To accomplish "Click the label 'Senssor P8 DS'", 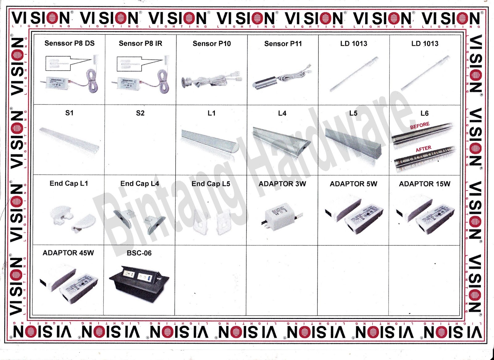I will tap(69, 43).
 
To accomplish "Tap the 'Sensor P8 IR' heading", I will tap(140, 44).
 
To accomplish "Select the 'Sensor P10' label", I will tap(212, 44).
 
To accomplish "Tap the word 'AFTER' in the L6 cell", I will tap(423, 149).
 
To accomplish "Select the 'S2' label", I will tap(140, 113).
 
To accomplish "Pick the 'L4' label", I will tap(282, 113).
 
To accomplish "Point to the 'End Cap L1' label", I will tap(69, 183).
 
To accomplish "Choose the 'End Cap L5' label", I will tap(211, 184).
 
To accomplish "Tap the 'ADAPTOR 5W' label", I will tap(354, 184).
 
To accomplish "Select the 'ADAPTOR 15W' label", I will tap(425, 184).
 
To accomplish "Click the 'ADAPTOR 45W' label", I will tap(68, 253).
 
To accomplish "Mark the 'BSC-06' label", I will tap(139, 253).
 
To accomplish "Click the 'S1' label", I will tap(69, 113).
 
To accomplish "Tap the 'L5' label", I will tap(353, 113).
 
